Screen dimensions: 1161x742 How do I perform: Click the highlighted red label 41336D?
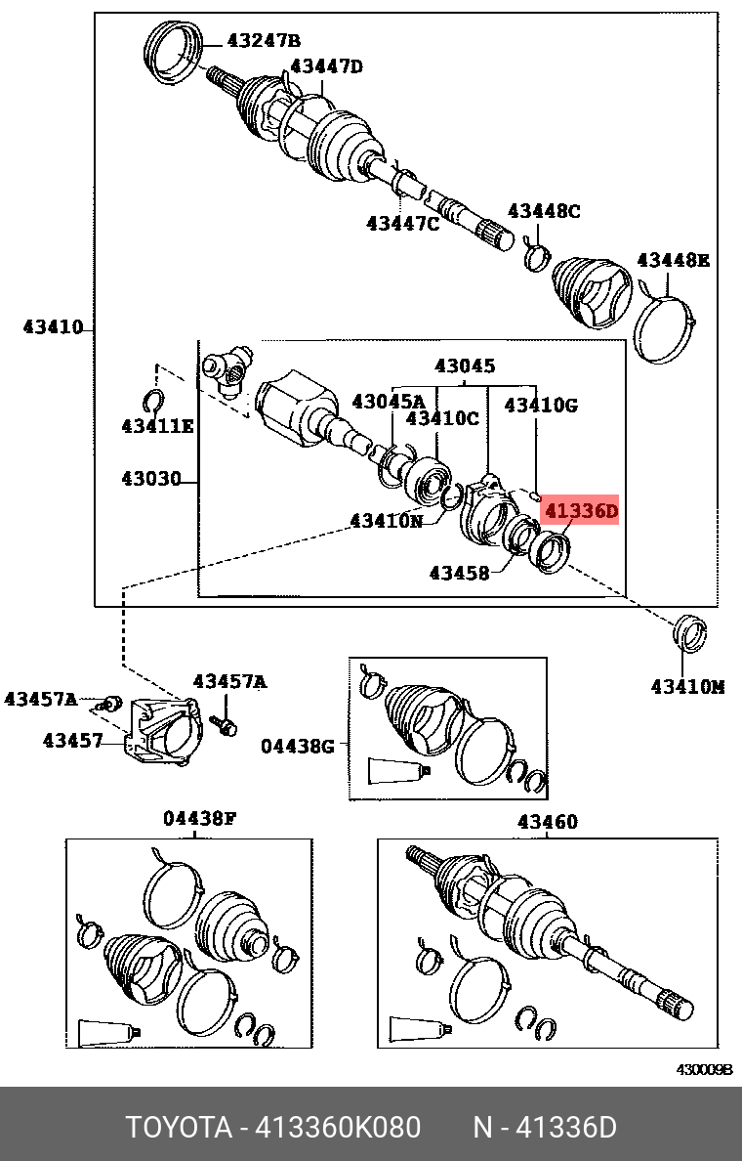pyautogui.click(x=581, y=510)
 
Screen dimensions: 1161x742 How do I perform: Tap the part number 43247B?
pyautogui.click(x=264, y=40)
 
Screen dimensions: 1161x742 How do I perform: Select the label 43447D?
pyautogui.click(x=326, y=66)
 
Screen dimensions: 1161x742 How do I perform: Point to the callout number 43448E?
pyautogui.click(x=673, y=260)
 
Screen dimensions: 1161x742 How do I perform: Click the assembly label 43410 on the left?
pyautogui.click(x=53, y=327)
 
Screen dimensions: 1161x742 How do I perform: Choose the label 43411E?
pyautogui.click(x=157, y=426)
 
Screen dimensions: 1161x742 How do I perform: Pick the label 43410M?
pyautogui.click(x=687, y=687)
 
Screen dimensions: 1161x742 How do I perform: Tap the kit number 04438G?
pyautogui.click(x=297, y=747)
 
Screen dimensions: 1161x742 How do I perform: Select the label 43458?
pyautogui.click(x=459, y=573)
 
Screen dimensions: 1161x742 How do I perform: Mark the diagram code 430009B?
pyautogui.click(x=705, y=1069)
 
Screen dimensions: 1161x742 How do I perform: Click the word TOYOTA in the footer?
pyautogui.click(x=177, y=1128)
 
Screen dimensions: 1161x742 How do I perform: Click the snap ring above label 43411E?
pyautogui.click(x=152, y=400)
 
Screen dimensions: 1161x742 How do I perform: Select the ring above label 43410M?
pyautogui.click(x=691, y=632)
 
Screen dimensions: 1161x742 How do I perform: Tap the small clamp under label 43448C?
pyautogui.click(x=534, y=256)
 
